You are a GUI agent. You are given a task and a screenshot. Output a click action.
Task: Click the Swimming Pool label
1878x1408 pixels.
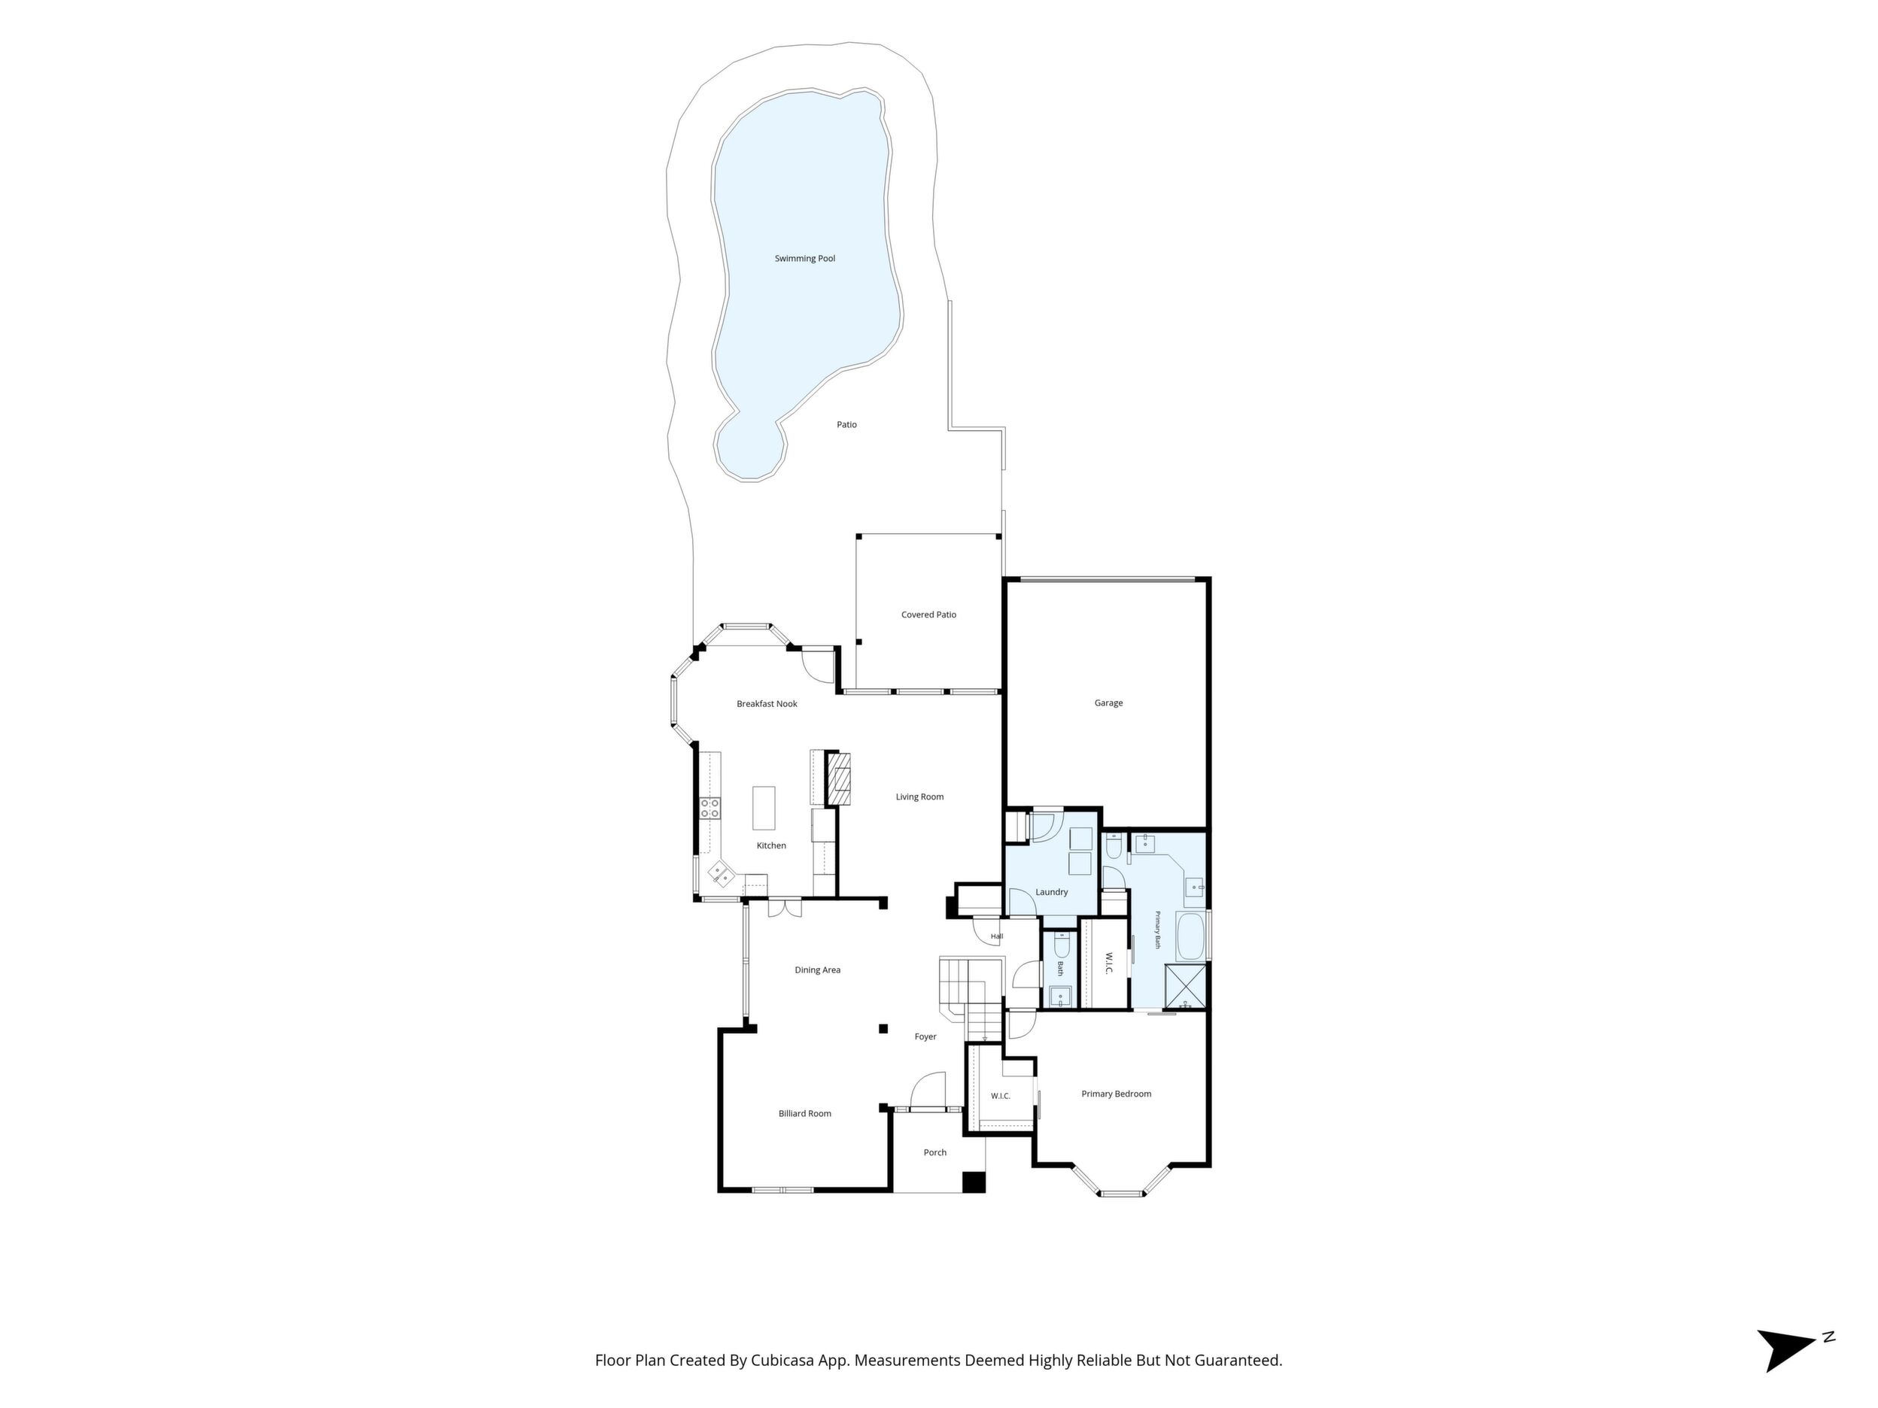(805, 259)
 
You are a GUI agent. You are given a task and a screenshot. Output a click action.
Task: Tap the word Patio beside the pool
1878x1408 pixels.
(846, 424)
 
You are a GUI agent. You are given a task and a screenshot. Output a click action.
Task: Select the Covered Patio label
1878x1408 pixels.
(928, 614)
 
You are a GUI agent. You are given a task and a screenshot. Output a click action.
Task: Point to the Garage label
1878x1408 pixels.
(1108, 702)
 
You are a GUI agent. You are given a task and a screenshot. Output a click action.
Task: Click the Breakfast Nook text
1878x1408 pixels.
(767, 703)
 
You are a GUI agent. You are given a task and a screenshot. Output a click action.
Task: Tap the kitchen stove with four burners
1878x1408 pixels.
(710, 808)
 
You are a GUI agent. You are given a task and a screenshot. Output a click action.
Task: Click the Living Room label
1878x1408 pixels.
(919, 797)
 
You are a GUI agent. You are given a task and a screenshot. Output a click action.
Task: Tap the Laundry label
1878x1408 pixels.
(1051, 892)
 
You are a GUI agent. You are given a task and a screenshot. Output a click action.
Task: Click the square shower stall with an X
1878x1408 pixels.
(1186, 985)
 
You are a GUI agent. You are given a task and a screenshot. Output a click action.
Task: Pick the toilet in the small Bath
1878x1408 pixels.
(1061, 947)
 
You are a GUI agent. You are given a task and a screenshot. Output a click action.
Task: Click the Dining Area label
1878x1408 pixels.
(818, 970)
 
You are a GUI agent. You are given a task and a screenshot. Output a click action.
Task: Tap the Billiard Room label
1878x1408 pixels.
(805, 1113)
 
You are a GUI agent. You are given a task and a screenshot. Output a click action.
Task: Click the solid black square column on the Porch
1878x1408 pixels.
(973, 1182)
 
